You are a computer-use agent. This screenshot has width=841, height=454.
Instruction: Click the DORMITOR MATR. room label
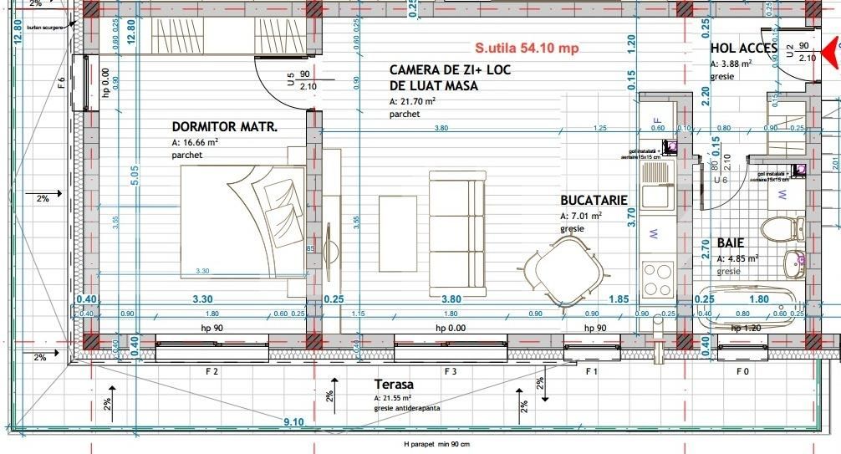pyautogui.click(x=224, y=127)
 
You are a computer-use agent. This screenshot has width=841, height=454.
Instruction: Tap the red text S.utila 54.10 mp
pyautogui.click(x=527, y=48)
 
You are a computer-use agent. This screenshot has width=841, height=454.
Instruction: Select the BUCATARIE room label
pyautogui.click(x=594, y=201)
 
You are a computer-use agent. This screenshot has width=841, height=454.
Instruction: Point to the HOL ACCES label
pyautogui.click(x=744, y=48)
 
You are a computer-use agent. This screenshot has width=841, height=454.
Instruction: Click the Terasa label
pyautogui.click(x=394, y=384)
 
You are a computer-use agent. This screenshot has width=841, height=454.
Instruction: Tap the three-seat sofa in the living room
pyautogui.click(x=456, y=229)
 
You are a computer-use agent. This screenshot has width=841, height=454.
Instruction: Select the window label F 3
pyautogui.click(x=451, y=370)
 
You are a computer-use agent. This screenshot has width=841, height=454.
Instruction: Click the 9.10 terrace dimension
pyautogui.click(x=293, y=422)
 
